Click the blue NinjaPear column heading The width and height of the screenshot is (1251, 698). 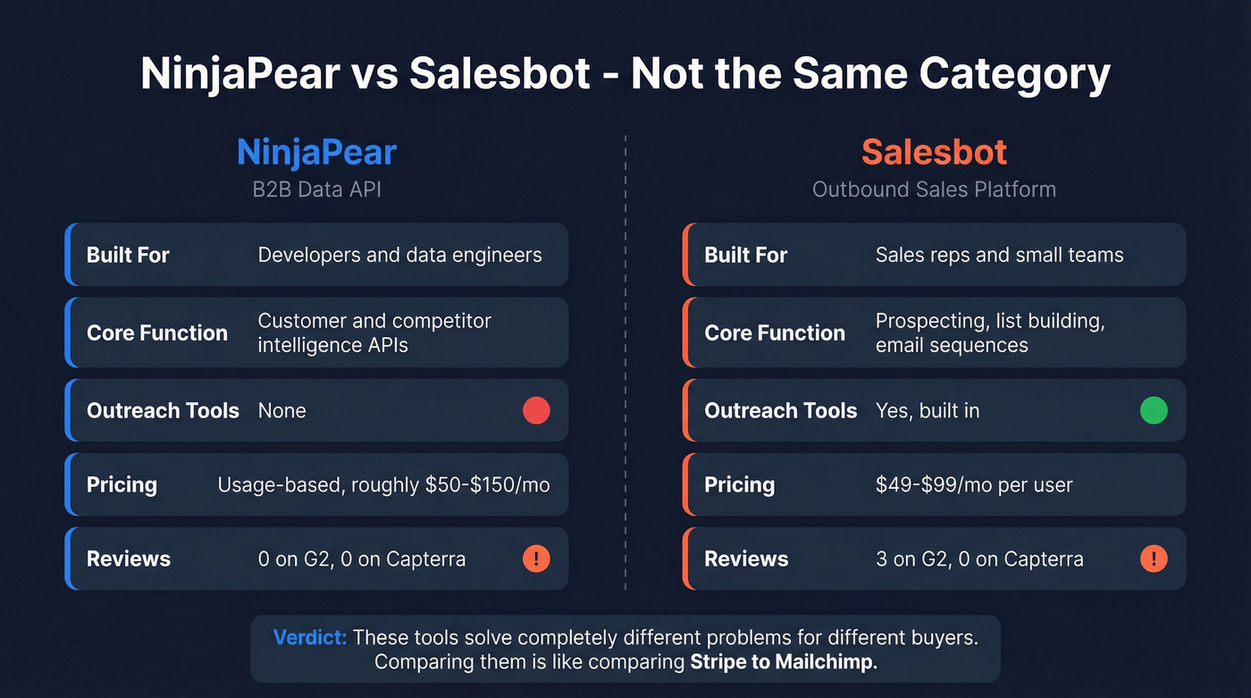pos(316,153)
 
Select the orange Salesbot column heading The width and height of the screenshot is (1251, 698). pos(934,153)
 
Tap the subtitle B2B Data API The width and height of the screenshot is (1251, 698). pos(316,189)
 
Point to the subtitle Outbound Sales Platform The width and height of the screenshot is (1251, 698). pos(934,189)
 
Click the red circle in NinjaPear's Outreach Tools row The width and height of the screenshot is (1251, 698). pos(536,410)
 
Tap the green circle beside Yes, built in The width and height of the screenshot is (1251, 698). pos(1154,410)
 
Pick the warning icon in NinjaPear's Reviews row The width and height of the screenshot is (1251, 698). pos(536,559)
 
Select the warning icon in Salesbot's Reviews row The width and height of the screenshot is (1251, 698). pos(1154,559)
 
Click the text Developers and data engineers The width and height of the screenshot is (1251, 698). pos(399,255)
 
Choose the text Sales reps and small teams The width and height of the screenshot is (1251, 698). pos(999,255)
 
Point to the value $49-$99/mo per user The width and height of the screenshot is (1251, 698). pos(974,484)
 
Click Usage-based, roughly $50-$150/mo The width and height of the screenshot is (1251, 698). pos(383,484)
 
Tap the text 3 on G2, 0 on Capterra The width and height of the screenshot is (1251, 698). pos(979,559)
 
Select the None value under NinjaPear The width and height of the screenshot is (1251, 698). pos(281,410)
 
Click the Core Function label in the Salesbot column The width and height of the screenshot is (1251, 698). pos(775,332)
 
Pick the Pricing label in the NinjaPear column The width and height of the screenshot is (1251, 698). pos(122,484)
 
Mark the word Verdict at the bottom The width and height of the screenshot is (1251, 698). pos(309,638)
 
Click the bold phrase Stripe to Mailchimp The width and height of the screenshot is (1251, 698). pos(784,662)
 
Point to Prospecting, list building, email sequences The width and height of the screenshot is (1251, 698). pos(990,332)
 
